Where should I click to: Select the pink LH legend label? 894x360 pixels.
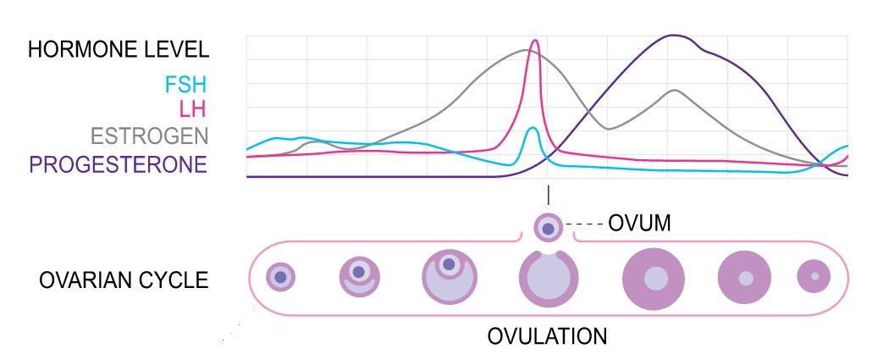[x=193, y=109]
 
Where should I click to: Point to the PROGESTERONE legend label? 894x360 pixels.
[x=118, y=163]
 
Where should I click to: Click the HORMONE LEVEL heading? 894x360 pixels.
[x=118, y=48]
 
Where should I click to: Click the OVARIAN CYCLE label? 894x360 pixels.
[x=124, y=279]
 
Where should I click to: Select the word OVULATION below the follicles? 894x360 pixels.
[x=547, y=335]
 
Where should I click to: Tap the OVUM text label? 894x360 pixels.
[x=639, y=224]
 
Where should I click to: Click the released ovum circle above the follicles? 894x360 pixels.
[x=548, y=228]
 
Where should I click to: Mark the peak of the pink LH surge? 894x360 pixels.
[x=534, y=41]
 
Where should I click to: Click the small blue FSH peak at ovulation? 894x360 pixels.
[x=533, y=129]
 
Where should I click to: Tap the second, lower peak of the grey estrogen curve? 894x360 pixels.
[x=674, y=90]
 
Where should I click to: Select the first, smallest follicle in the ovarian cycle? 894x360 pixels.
[x=281, y=276]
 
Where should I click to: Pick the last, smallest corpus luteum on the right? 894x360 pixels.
[x=814, y=277]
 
